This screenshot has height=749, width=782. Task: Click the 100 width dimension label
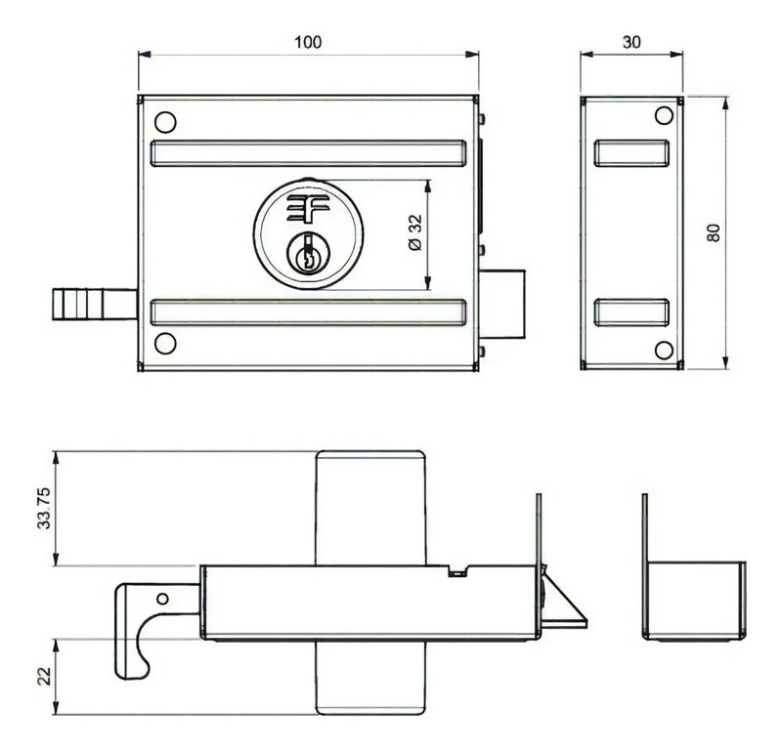point(308,42)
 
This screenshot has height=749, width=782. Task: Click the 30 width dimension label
point(631,42)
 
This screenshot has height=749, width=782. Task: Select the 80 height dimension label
point(714,233)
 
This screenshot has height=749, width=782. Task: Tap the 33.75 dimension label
point(43,509)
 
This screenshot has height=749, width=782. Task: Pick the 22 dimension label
point(43,676)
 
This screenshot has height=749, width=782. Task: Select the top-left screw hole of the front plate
point(165,122)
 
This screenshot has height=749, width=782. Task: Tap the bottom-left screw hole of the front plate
point(165,343)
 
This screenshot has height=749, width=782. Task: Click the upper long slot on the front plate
point(308,153)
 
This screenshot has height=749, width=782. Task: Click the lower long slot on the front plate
point(308,312)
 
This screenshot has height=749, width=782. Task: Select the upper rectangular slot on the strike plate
point(631,153)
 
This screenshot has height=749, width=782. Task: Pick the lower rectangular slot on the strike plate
point(631,312)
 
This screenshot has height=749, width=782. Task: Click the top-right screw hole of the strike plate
point(664,116)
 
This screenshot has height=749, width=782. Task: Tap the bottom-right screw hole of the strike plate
point(664,350)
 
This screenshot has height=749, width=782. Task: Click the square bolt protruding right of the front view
point(505,305)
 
